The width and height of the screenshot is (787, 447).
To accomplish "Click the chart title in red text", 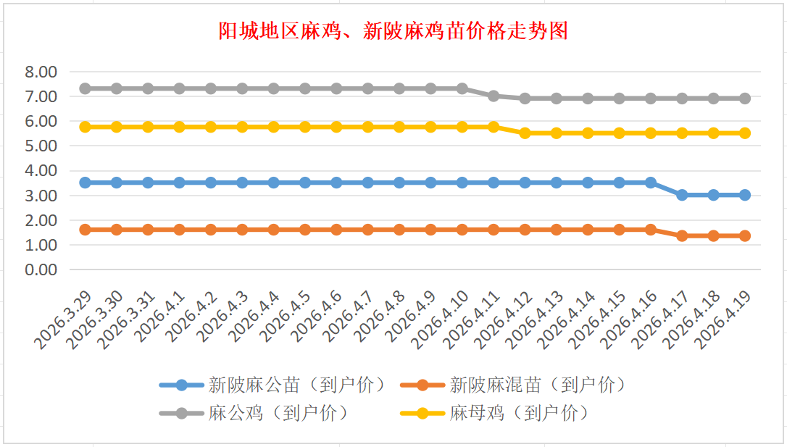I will pos(393,31).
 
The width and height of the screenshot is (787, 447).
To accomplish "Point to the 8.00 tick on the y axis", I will pos(41,72).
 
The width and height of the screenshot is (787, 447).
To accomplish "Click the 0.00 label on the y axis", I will pos(41,270).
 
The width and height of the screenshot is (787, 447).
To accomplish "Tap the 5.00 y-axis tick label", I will pos(41,146).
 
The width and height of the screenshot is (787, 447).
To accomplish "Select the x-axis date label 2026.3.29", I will pos(65,319).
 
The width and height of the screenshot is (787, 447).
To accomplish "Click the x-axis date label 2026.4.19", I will pos(725,319).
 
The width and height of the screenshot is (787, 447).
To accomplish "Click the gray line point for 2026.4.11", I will pos(494,96).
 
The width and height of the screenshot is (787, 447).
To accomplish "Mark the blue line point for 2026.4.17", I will pos(682,195).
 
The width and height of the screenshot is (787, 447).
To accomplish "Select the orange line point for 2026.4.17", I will pos(682,235).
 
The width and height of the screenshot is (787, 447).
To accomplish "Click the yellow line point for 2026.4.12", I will pos(525,133).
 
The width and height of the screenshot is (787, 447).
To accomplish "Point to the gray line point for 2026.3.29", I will pos(85,88).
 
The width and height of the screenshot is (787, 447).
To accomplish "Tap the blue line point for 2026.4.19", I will pos(744,195).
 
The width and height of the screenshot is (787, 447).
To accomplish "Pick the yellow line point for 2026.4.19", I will pos(744,133).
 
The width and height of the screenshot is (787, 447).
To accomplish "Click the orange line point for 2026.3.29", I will pos(85,230).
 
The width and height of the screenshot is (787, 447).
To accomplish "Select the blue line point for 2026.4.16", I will pos(651,183).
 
